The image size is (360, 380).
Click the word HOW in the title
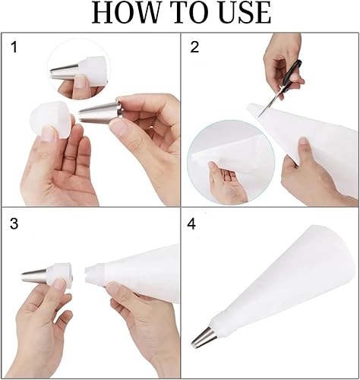[x=126, y=13]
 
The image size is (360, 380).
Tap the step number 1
[x=14, y=47]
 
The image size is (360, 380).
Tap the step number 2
[x=194, y=47]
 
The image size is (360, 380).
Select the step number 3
[x=14, y=223]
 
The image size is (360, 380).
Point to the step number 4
[x=191, y=224]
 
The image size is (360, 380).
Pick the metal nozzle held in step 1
[x=101, y=112]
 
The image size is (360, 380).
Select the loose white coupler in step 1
[x=50, y=119]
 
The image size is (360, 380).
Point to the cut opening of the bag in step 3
[x=87, y=275]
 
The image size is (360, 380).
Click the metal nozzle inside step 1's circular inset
[x=65, y=71]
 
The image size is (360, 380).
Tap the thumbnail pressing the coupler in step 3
[x=59, y=283]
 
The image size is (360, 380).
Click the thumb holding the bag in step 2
[x=303, y=150]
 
